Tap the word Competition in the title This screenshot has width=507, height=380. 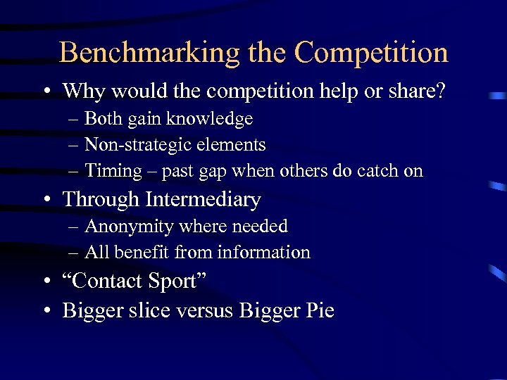[371, 53]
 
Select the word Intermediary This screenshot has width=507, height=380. [204, 200]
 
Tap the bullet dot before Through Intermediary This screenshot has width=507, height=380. [46, 201]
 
